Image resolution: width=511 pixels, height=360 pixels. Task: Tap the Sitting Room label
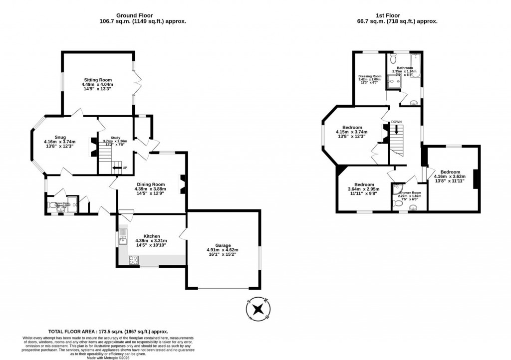tap(97, 80)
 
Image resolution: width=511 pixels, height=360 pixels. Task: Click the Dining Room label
tap(150, 183)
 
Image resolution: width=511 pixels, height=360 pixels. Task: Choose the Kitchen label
tap(151, 236)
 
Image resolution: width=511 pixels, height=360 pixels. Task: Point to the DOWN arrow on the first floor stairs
tap(397, 130)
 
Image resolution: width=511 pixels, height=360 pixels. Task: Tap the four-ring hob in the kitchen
tap(134, 259)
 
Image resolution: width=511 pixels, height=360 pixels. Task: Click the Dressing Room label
tap(370, 76)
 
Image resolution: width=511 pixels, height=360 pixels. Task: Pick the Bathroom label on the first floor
tap(405, 68)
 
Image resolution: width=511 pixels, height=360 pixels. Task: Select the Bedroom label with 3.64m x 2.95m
tap(363, 183)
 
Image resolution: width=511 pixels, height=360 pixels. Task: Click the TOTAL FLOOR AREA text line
tap(108, 332)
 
